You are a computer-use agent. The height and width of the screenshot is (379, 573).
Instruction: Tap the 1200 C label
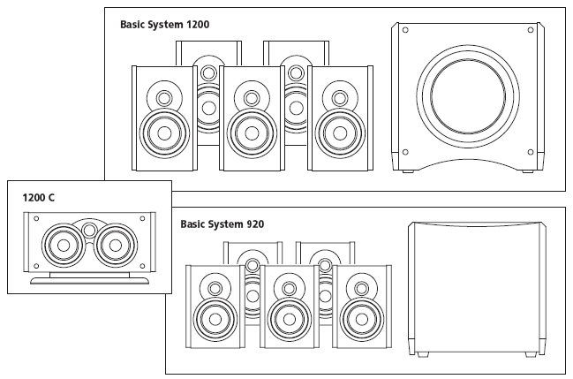click(x=38, y=197)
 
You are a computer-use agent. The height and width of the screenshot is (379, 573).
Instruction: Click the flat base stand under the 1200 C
click(x=89, y=280)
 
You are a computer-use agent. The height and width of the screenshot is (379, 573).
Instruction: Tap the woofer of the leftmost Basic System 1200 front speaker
click(x=163, y=134)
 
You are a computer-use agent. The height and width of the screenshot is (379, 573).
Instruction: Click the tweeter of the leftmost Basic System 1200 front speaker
click(x=163, y=95)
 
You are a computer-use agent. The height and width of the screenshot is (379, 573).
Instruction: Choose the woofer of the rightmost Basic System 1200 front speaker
click(x=337, y=134)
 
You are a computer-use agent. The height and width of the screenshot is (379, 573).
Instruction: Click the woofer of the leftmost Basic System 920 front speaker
click(x=215, y=318)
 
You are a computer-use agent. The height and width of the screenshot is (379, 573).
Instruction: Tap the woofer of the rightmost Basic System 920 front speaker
click(x=359, y=318)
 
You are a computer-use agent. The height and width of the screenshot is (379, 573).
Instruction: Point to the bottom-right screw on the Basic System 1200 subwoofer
click(x=529, y=151)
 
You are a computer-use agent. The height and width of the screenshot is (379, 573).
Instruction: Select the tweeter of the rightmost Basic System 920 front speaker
click(x=360, y=286)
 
